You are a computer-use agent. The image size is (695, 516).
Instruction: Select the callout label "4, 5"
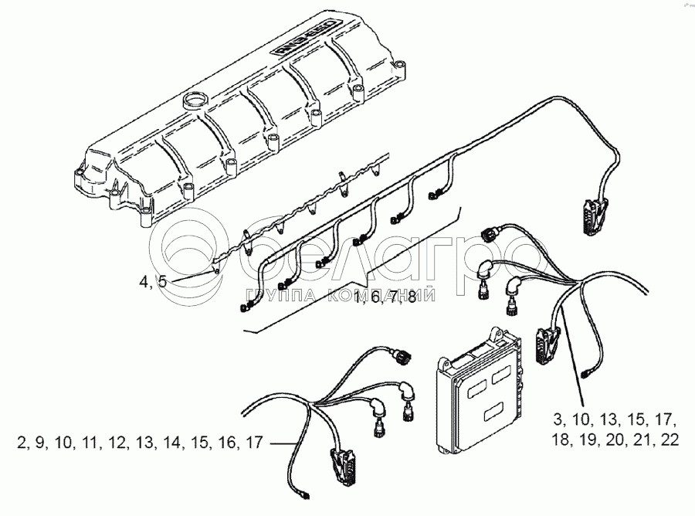(x=153, y=283)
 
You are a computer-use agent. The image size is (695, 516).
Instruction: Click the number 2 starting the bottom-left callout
(x=19, y=443)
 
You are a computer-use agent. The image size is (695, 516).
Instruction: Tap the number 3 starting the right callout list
(x=557, y=421)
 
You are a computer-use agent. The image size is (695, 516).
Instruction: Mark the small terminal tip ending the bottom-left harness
(x=307, y=493)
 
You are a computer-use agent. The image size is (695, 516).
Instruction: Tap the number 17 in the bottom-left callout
(x=253, y=443)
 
